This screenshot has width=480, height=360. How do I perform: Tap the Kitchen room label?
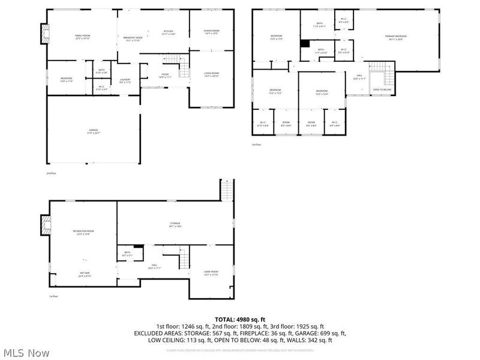(169, 32)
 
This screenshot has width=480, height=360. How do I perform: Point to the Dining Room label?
(212, 32)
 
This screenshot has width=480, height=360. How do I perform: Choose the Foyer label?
(164, 76)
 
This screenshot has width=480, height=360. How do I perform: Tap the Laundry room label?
(125, 81)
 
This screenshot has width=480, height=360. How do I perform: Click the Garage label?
(94, 131)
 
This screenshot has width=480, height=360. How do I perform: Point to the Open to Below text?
(382, 90)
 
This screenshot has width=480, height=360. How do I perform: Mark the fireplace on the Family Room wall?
(43, 31)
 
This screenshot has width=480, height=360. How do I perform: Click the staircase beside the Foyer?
(172, 59)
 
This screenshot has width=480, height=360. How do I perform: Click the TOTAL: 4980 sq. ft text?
(240, 319)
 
